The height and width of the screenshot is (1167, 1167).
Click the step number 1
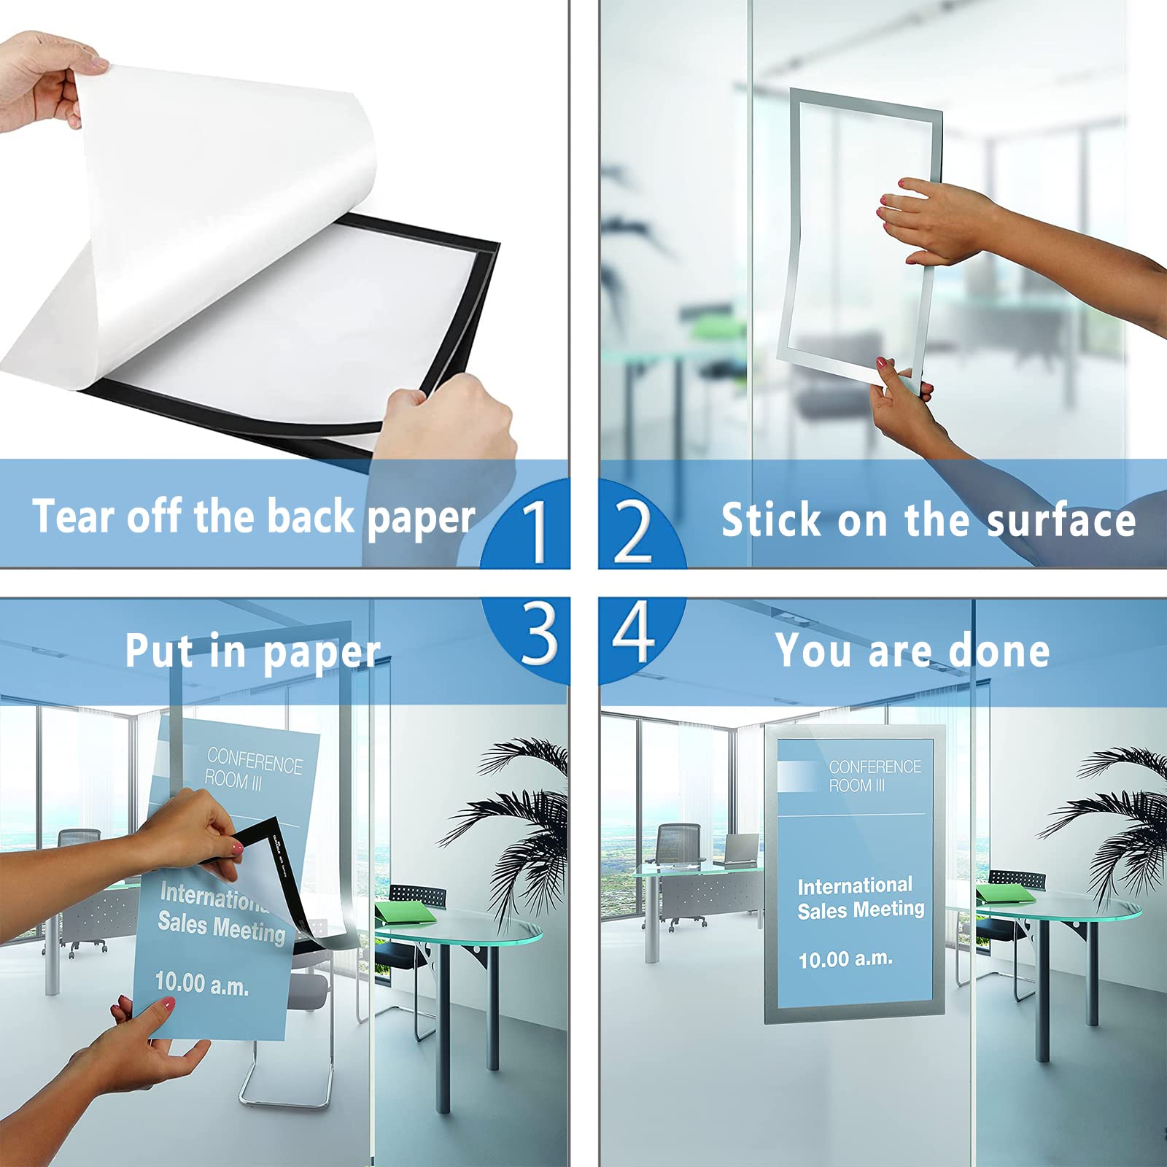click(x=537, y=532)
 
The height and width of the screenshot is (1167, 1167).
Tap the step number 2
click(x=632, y=532)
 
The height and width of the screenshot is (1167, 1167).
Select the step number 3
click(x=539, y=633)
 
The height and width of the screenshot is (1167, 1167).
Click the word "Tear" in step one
click(x=74, y=516)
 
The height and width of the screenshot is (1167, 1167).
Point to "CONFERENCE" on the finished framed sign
click(x=875, y=767)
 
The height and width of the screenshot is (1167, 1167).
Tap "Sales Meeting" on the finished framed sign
click(x=861, y=910)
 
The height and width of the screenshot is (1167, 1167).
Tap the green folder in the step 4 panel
click(x=1007, y=895)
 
